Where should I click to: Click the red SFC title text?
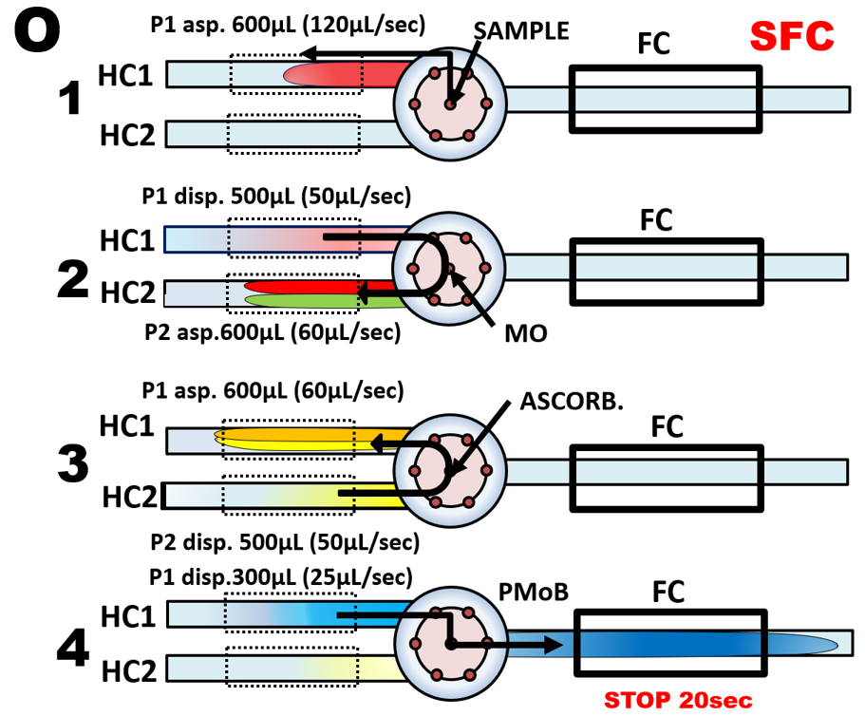tap(792, 35)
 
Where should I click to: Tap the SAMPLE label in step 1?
tap(521, 30)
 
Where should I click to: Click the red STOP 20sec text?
tap(678, 702)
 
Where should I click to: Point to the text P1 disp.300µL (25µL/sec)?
tap(280, 576)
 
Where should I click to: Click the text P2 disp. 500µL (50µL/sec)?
tap(284, 541)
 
